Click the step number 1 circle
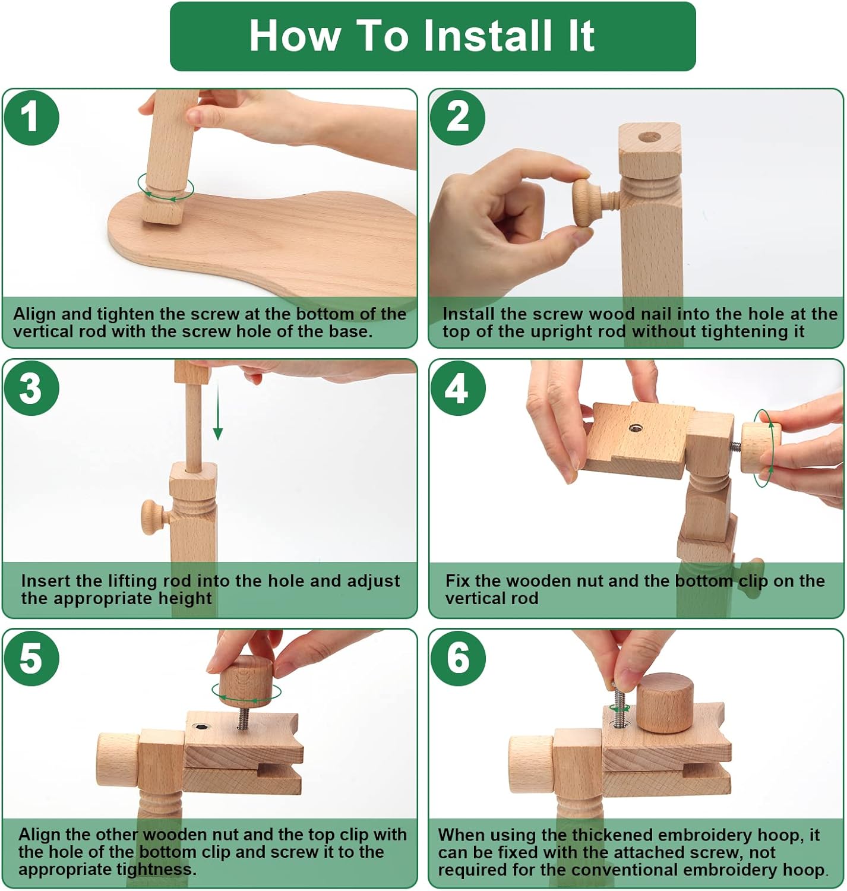[x=31, y=118]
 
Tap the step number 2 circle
[x=457, y=118]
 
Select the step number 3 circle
[x=31, y=388]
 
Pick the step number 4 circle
[x=458, y=388]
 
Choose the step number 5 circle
[x=31, y=658]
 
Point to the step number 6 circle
[x=458, y=658]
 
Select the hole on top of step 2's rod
[x=649, y=137]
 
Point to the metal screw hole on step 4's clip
[x=635, y=427]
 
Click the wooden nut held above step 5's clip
[x=245, y=680]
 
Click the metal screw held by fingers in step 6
[x=618, y=706]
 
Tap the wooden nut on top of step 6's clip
[x=665, y=703]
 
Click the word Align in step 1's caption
[x=34, y=315]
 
